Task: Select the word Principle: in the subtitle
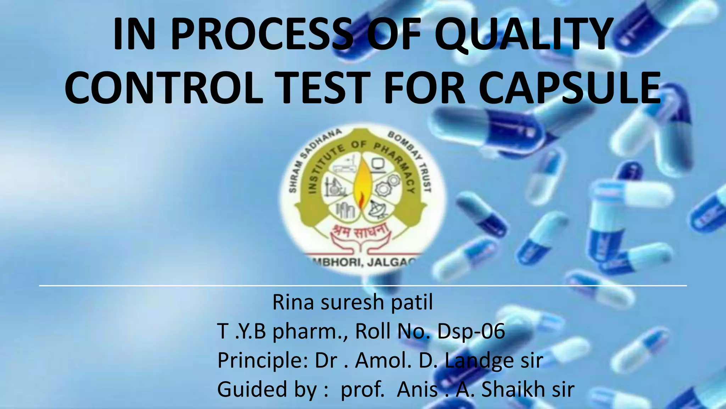pos(262,361)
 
